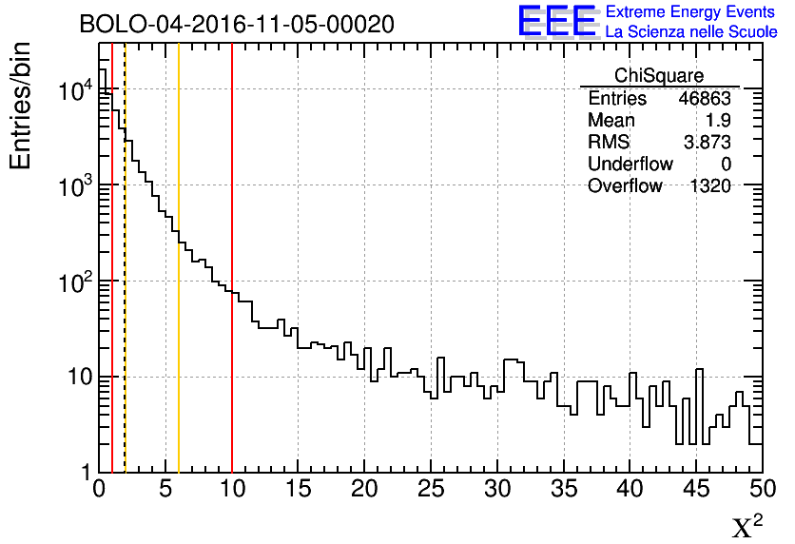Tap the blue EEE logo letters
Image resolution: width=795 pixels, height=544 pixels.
tap(557, 22)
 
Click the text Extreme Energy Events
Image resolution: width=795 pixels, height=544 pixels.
tap(691, 12)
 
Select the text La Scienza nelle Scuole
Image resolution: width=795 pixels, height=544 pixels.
tap(691, 32)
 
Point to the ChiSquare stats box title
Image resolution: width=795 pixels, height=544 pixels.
tap(659, 76)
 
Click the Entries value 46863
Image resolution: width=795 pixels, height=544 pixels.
tap(705, 99)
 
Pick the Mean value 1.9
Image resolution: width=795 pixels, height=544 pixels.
tap(718, 121)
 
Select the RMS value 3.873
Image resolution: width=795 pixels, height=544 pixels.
tap(708, 143)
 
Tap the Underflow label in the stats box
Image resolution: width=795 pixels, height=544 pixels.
tap(630, 165)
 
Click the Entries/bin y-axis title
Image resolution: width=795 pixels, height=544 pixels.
tap(21, 107)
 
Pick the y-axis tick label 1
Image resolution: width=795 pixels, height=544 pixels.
tap(86, 473)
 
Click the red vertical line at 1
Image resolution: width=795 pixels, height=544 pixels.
tap(112, 285)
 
